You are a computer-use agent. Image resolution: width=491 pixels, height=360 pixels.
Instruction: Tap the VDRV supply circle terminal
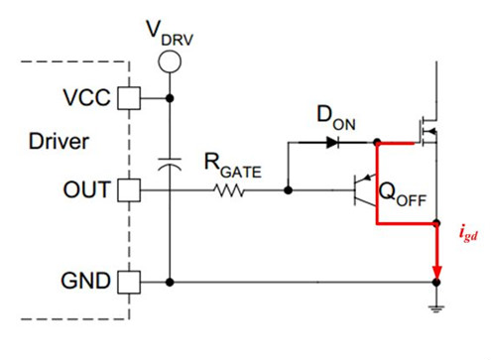(172, 61)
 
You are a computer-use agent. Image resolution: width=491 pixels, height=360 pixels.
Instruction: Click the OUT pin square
(127, 189)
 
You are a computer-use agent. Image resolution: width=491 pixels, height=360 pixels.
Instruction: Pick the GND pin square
(127, 282)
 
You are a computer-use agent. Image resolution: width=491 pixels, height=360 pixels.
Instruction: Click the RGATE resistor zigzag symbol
(231, 189)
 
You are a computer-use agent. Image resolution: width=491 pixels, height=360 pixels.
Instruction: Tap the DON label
(337, 117)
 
